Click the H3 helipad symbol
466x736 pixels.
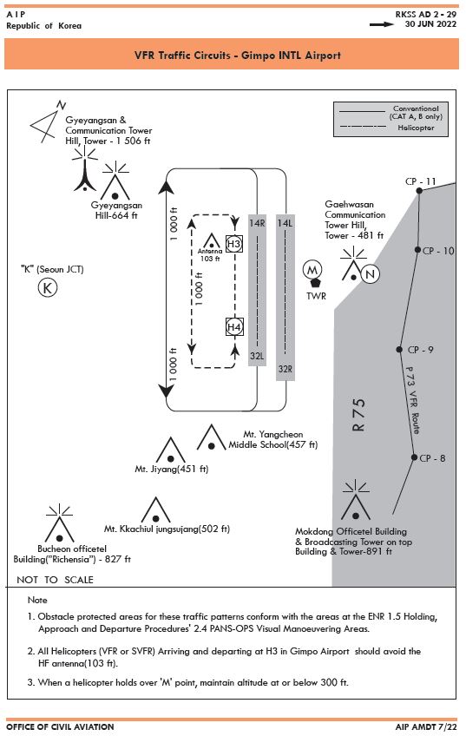(x=233, y=244)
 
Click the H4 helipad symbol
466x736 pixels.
(x=234, y=327)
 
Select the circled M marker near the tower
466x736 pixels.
(x=312, y=270)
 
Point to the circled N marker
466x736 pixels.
(x=371, y=274)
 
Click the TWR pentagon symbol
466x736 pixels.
(x=315, y=283)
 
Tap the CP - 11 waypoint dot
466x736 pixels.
(x=419, y=191)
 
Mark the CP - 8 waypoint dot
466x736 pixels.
(x=414, y=457)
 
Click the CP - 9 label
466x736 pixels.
(x=421, y=350)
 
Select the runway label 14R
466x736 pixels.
(x=257, y=223)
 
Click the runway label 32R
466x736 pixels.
(x=285, y=369)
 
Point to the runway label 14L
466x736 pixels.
(x=285, y=223)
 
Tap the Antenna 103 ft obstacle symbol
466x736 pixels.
(x=211, y=240)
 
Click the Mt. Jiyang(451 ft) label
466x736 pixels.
(x=171, y=469)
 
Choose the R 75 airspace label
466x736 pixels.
(x=358, y=415)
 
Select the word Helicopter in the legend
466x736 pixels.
(x=416, y=128)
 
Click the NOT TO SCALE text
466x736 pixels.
(x=55, y=580)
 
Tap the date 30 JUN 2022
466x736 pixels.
(x=430, y=24)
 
